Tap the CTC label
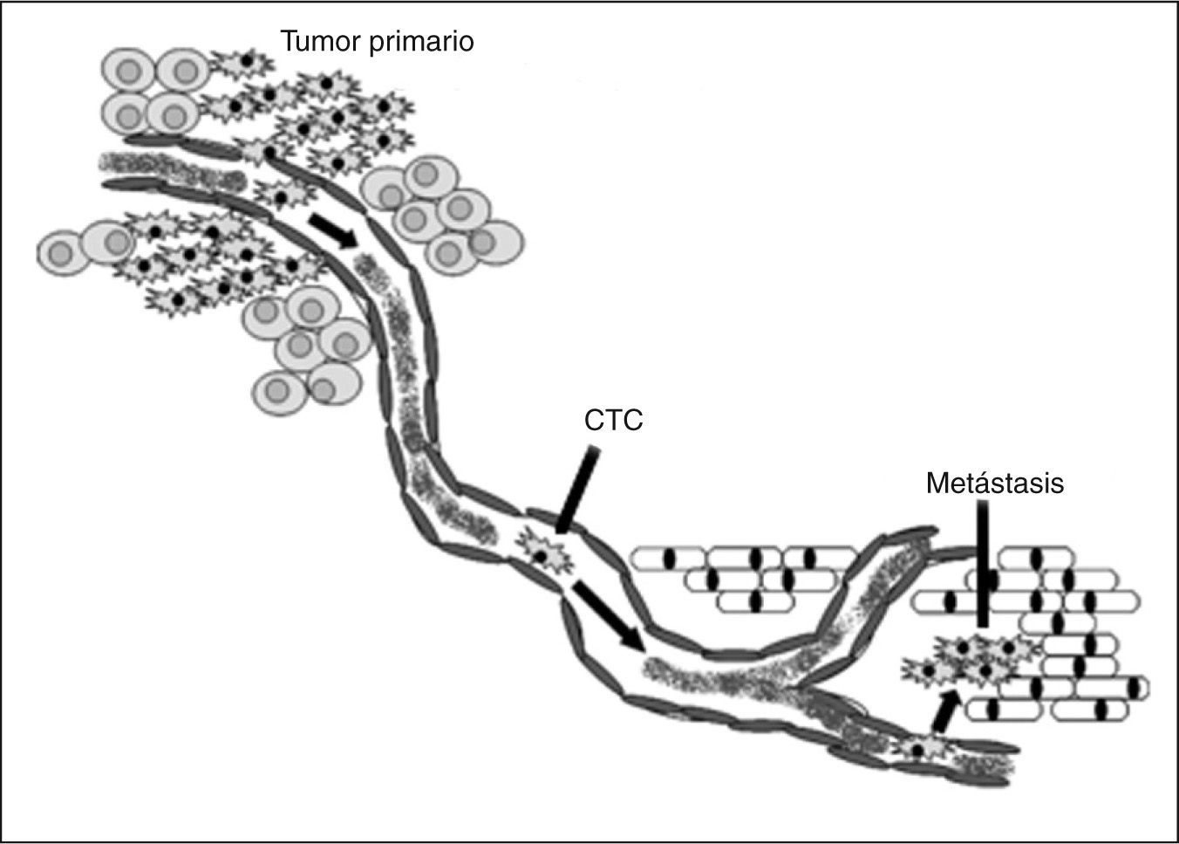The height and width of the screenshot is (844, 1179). pos(613,421)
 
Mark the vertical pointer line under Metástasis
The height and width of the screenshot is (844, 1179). pos(983,559)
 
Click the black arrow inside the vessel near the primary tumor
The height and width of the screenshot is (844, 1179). pos(333,230)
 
